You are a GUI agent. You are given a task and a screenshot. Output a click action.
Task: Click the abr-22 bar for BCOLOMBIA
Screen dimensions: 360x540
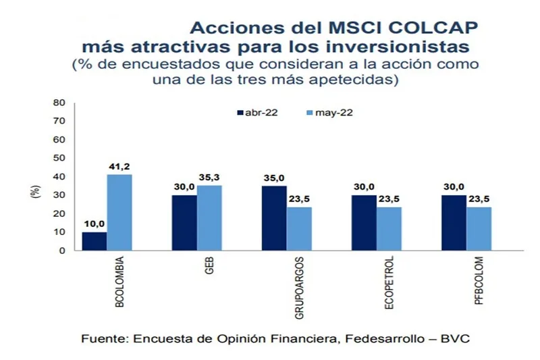(x=94, y=241)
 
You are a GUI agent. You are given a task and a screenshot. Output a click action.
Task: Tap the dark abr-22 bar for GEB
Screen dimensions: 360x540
(x=184, y=223)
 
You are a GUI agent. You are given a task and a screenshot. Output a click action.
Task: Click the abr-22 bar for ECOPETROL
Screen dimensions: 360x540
(x=364, y=223)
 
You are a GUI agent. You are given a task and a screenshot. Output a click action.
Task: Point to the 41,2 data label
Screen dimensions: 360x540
(x=120, y=167)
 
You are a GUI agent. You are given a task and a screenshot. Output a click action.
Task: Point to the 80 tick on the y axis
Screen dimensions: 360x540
(x=59, y=103)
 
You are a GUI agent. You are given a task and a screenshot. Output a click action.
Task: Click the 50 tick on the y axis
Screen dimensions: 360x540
(x=59, y=158)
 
